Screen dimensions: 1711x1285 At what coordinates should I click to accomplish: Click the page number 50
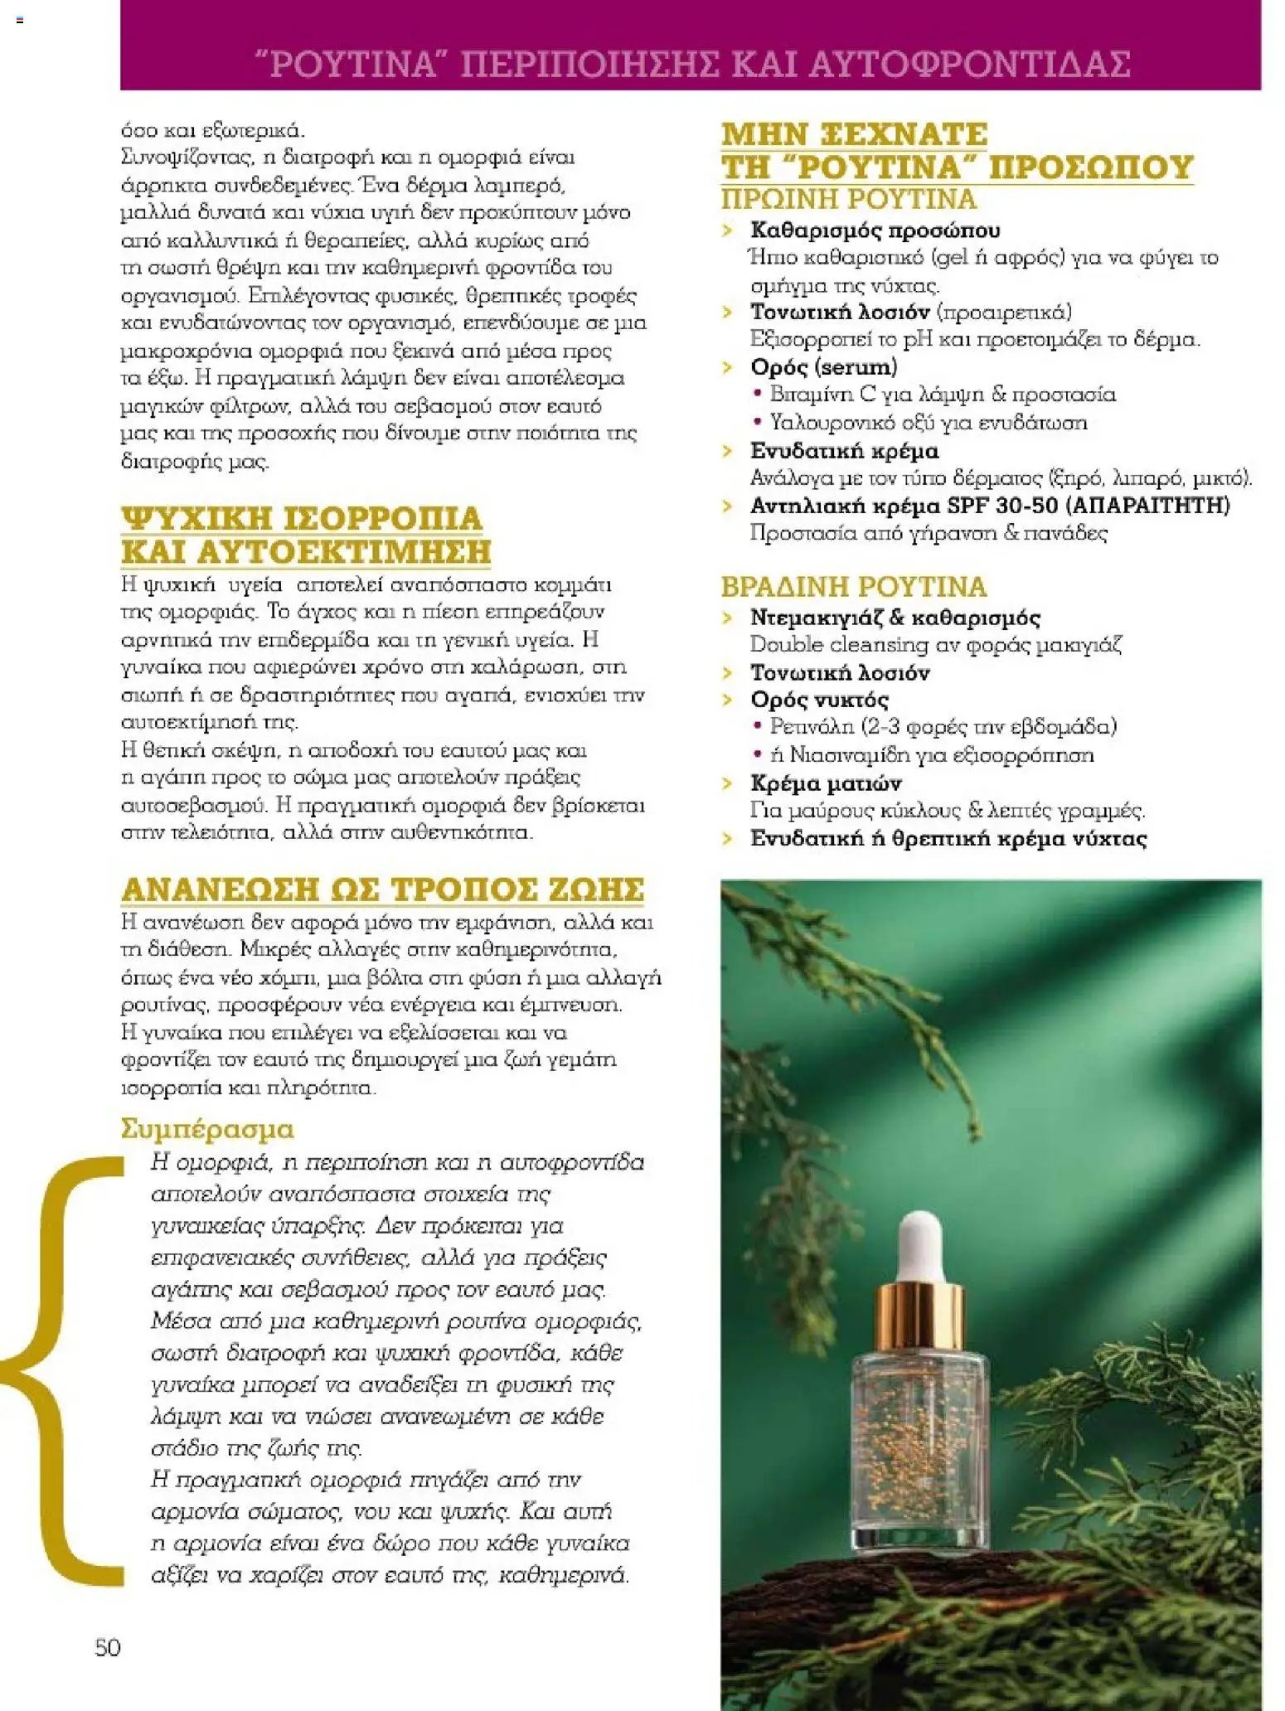coord(108,1647)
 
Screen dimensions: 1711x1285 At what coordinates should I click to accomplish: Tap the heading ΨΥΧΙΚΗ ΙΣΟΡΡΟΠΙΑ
coord(302,518)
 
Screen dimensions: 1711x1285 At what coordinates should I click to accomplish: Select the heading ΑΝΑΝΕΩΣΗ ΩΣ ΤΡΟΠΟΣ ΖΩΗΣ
coord(382,889)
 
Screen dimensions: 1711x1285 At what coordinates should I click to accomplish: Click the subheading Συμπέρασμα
coord(207,1130)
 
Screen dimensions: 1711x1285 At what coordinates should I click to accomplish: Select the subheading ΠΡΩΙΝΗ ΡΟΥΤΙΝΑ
coord(849,200)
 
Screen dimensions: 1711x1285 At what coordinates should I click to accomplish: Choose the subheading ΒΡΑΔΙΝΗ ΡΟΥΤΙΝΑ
coord(854,587)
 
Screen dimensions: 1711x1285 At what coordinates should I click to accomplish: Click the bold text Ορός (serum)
coord(823,366)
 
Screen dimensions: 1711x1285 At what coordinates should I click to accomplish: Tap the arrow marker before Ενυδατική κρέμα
coord(728,452)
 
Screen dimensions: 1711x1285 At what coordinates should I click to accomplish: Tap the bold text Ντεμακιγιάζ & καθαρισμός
coord(895,618)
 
